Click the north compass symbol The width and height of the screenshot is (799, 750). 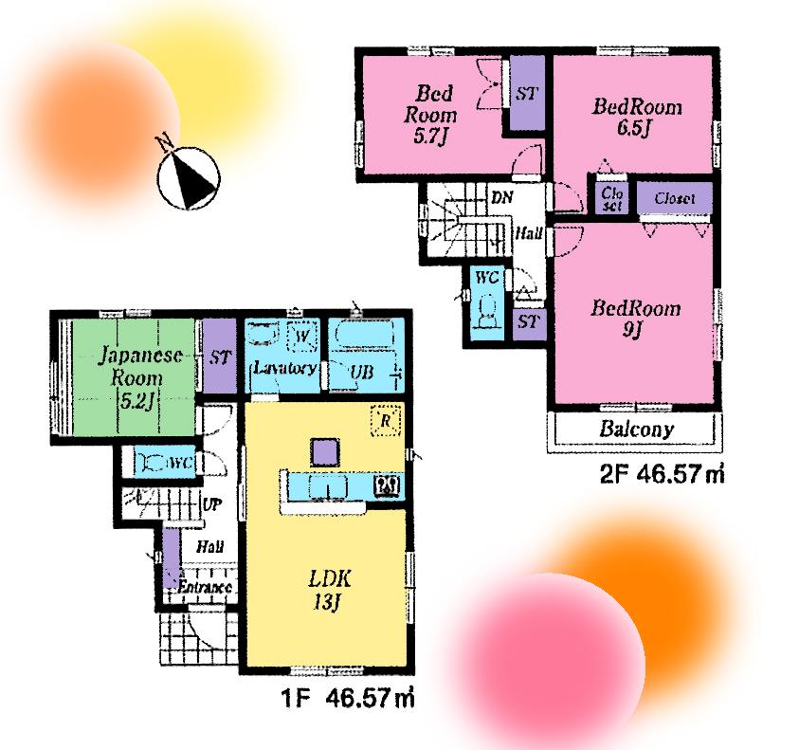tap(189, 175)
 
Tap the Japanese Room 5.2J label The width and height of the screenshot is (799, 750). tap(133, 377)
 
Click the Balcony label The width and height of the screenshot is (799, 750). tap(636, 429)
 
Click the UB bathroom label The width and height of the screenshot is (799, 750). tap(360, 372)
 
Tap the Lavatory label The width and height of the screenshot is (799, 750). tap(283, 368)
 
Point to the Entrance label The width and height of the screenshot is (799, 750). tap(205, 588)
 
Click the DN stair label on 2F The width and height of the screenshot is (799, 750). tap(502, 197)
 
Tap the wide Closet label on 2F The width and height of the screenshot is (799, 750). tap(674, 199)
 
